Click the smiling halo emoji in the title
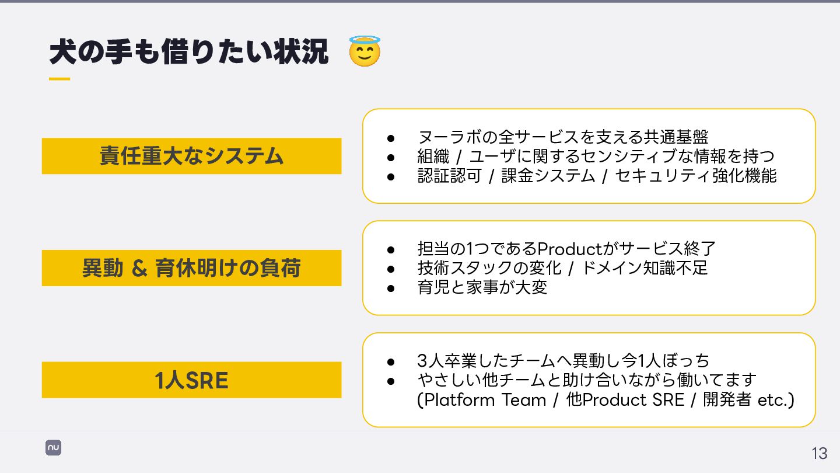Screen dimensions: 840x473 tap(365, 51)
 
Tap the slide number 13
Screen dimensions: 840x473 tap(819, 453)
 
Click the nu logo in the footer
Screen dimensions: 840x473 tap(54, 448)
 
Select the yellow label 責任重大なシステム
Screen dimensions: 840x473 tap(191, 156)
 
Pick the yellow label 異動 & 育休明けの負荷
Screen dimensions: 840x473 tap(191, 268)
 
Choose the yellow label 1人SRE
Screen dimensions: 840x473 tap(191, 380)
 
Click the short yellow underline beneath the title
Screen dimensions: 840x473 tap(59, 79)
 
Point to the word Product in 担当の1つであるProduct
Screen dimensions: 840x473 tap(569, 249)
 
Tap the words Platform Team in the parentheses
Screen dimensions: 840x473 tap(485, 400)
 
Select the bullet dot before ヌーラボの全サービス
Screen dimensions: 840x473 tap(391, 138)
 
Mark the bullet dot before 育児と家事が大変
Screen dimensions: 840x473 tap(391, 288)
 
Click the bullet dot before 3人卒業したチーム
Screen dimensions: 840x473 tap(391, 361)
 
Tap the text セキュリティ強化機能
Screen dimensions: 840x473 tap(696, 176)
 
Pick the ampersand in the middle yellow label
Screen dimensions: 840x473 tap(139, 269)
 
